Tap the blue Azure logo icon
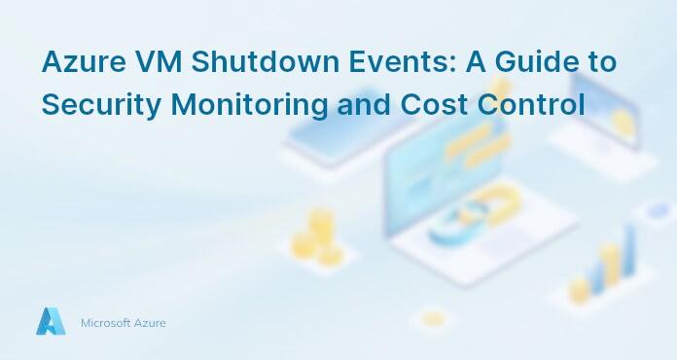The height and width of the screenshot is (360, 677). pos(51,322)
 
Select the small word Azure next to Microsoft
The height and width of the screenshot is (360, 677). pos(151,323)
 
